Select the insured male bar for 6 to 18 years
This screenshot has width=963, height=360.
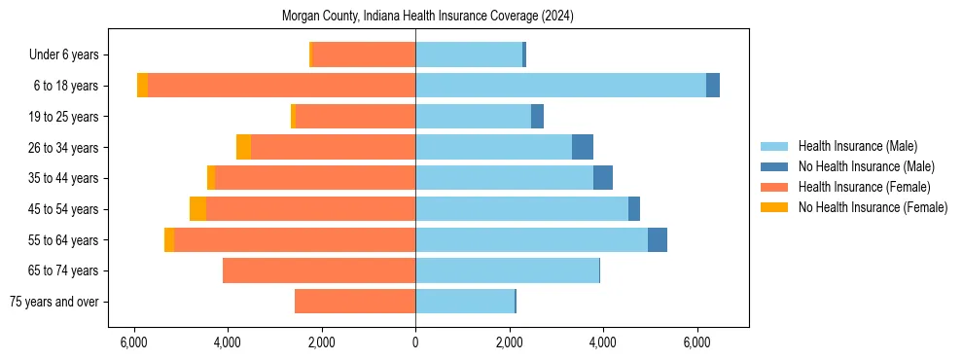[x=560, y=86]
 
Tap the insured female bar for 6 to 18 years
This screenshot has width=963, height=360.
[x=282, y=86]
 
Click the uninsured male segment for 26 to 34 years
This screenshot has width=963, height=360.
[x=583, y=147]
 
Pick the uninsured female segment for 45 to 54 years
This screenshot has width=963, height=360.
[x=197, y=209]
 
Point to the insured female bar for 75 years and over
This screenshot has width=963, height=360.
[x=355, y=302]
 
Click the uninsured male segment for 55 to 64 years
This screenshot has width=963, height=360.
[x=658, y=239]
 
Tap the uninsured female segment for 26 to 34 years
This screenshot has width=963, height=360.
[x=243, y=147]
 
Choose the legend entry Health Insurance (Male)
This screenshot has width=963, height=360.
[x=857, y=146]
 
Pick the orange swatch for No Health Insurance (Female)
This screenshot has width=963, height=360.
[x=774, y=207]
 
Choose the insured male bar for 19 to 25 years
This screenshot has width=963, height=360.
[x=473, y=117]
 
